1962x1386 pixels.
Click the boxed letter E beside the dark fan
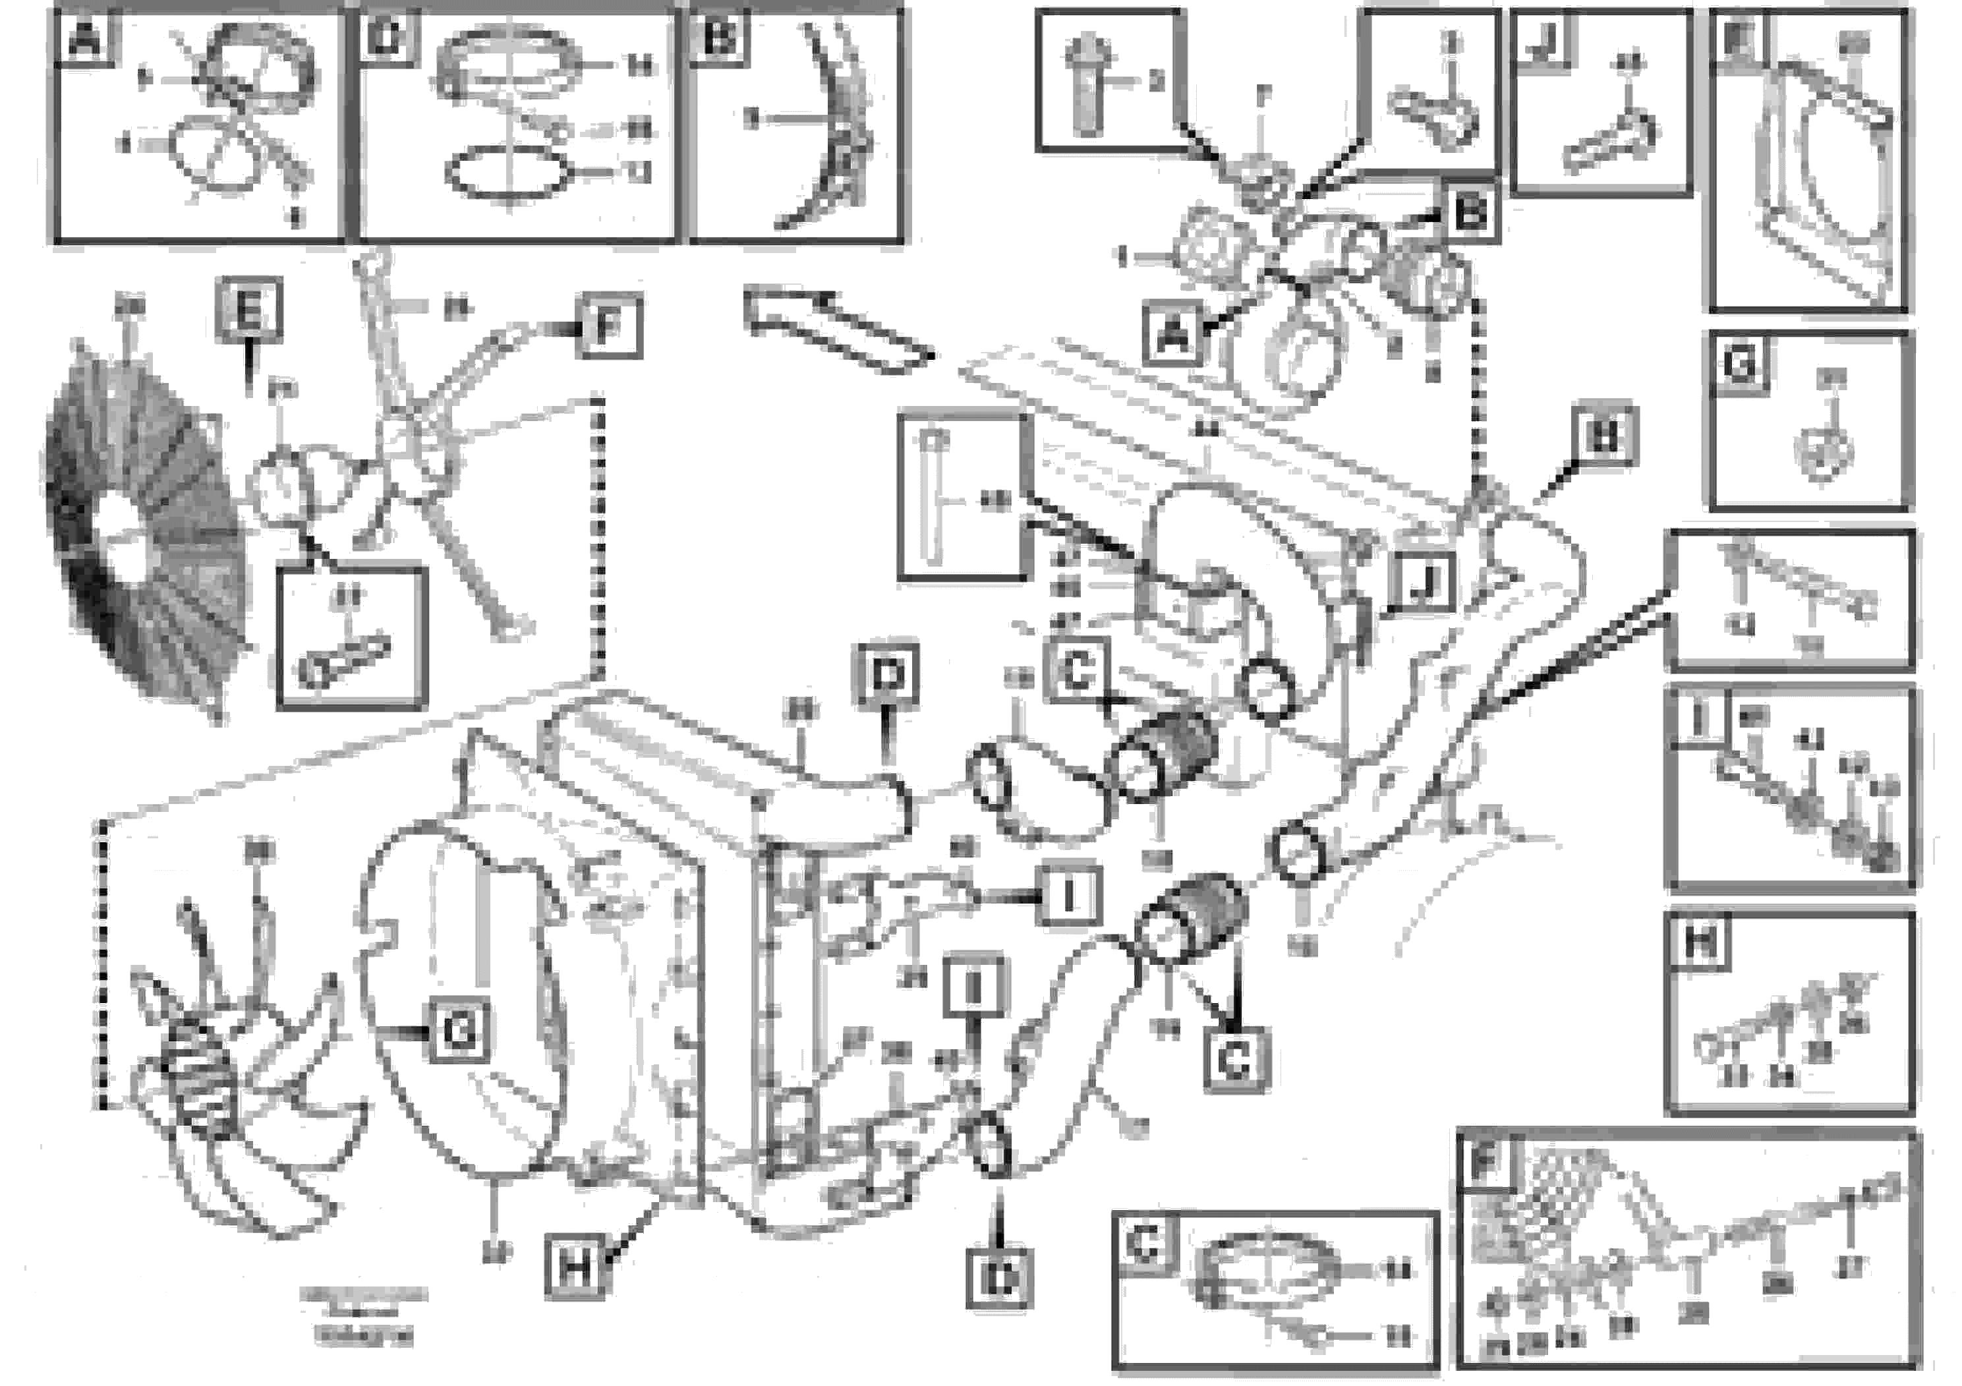tap(248, 309)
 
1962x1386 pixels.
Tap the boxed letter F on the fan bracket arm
tap(608, 326)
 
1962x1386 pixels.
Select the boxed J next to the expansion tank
tap(1423, 583)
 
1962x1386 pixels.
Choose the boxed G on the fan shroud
tap(459, 1031)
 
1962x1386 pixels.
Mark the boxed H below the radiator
tap(576, 1266)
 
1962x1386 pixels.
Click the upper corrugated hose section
tap(1164, 755)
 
